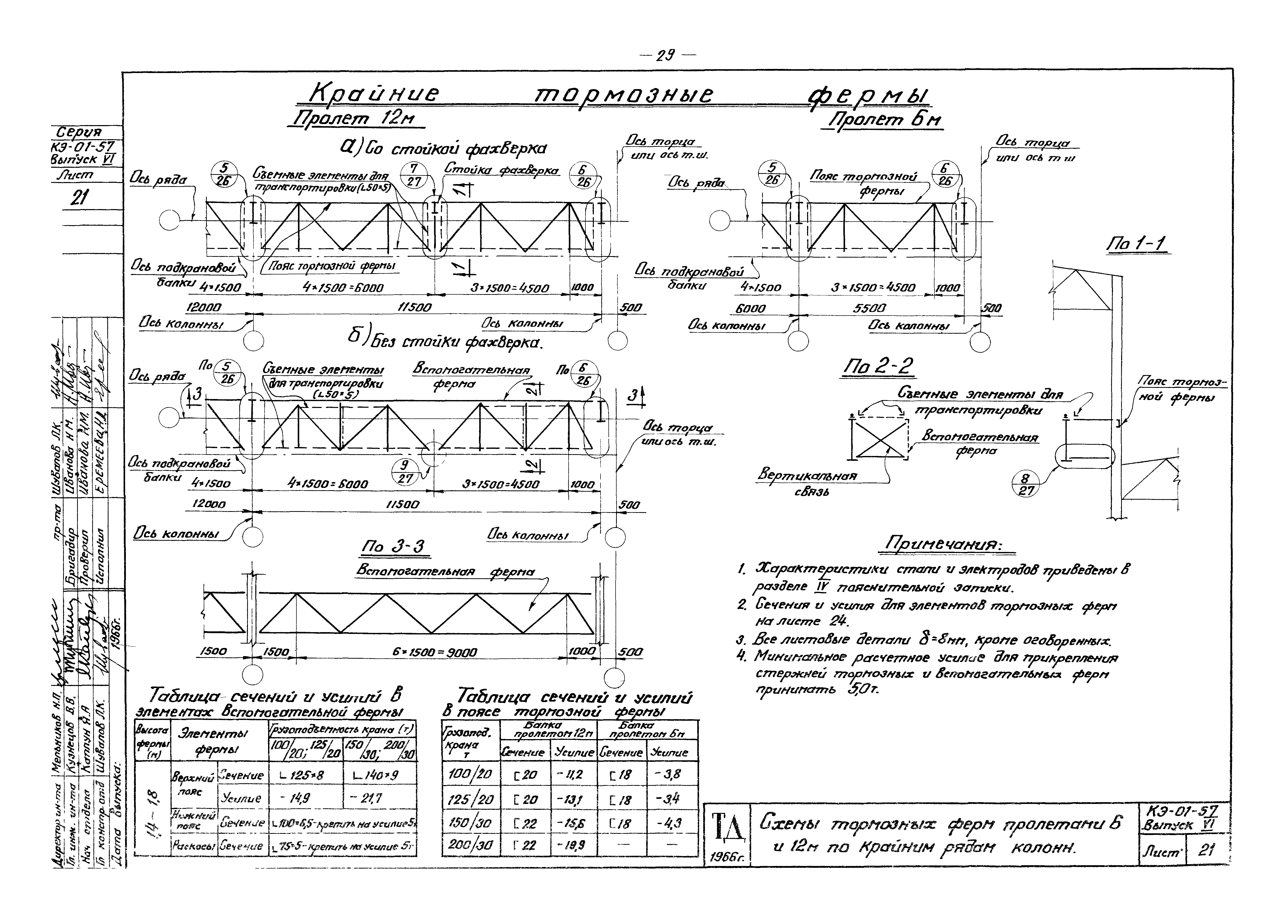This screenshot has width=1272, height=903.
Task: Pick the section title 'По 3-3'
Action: tap(392, 547)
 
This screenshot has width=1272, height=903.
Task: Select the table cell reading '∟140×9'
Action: tap(378, 775)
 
